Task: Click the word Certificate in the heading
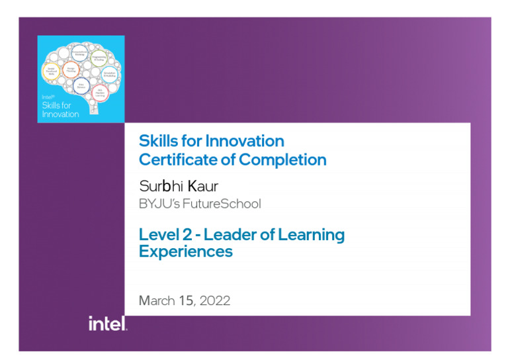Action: tap(169, 159)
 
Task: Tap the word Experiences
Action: tap(185, 251)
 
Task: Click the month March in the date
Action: tap(157, 300)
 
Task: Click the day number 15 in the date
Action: tap(186, 300)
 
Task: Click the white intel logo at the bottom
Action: tap(107, 323)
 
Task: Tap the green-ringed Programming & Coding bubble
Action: tap(99, 58)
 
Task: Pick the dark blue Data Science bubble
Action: tap(81, 85)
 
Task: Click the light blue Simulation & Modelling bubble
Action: tap(110, 74)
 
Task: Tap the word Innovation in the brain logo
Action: tap(60, 114)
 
